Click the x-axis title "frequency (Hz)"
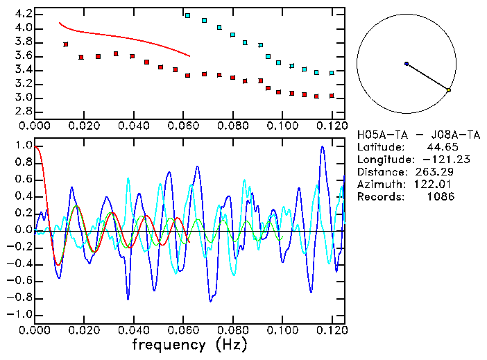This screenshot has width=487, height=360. click(x=189, y=344)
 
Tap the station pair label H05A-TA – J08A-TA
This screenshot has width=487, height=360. click(x=406, y=134)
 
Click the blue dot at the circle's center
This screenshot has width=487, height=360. click(x=407, y=64)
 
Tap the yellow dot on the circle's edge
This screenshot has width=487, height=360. click(x=449, y=90)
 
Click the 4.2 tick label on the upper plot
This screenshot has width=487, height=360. click(x=23, y=14)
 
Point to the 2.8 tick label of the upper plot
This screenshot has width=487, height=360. click(x=23, y=111)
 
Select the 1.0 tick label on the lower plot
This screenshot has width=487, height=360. click(x=23, y=146)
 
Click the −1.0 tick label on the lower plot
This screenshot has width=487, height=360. click(x=21, y=314)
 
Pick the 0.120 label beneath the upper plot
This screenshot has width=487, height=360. click(x=332, y=126)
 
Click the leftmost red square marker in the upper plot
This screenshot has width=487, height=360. click(x=66, y=44)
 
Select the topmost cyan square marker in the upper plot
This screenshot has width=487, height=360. click(x=187, y=15)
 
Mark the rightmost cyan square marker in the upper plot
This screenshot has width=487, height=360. click(x=332, y=73)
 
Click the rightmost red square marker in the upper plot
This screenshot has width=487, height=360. click(x=332, y=96)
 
